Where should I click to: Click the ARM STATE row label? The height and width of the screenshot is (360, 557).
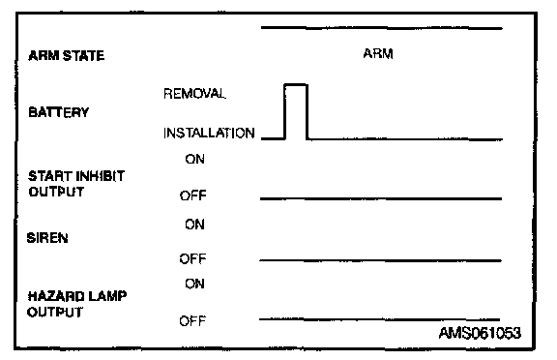coord(67,56)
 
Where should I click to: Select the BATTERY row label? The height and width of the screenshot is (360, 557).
coord(59,112)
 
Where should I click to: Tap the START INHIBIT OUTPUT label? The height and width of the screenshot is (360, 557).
coord(76,184)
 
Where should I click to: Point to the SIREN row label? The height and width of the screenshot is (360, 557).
coord(47,238)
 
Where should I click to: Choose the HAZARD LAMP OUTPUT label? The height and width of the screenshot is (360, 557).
coord(77,304)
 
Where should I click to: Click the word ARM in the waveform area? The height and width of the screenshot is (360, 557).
coord(378,53)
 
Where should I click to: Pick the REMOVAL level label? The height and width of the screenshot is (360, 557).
coord(194,94)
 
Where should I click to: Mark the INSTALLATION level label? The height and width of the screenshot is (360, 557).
coord(209,133)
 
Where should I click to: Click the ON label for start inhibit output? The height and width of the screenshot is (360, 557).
coord(194,159)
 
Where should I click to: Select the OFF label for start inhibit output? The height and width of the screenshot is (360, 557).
coord(192,195)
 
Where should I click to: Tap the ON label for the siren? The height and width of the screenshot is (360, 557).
coord(194,225)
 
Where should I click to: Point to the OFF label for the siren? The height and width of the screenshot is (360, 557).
coord(192,258)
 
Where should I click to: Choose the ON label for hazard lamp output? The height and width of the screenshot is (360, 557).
coord(194,284)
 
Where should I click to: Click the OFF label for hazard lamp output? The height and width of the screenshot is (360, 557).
coord(192,321)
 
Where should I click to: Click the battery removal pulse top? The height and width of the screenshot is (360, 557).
coord(296,84)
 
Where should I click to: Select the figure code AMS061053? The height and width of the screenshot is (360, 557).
coord(480,333)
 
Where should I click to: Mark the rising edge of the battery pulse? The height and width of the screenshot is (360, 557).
coord(285,111)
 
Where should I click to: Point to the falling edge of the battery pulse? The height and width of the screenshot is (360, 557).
coord(307,111)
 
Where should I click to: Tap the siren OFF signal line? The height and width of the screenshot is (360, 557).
coord(380,260)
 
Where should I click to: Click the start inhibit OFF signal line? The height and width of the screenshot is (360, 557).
coord(381,198)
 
